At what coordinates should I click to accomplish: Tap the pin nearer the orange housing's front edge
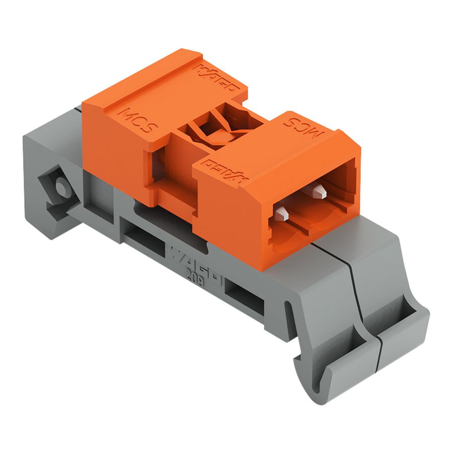pyautogui.click(x=280, y=213)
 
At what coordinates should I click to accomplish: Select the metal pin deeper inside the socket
pyautogui.click(x=319, y=190)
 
